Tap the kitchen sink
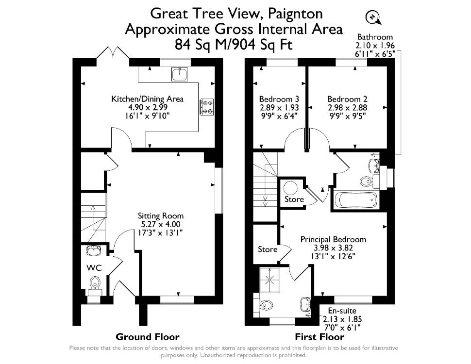[x=179, y=74]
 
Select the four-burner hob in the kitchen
[x=207, y=107]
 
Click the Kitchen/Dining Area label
[x=147, y=99]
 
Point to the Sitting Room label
[x=161, y=215]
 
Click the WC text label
[x=94, y=267]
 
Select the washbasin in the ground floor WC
[x=94, y=250]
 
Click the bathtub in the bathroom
[x=356, y=200]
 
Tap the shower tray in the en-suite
[x=269, y=280]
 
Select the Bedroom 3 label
[x=279, y=99]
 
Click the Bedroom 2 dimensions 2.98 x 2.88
[x=348, y=108]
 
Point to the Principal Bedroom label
[x=334, y=239]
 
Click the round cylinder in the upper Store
[x=290, y=188]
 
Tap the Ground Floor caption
[x=148, y=337]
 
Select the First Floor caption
[x=320, y=337]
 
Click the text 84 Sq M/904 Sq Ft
[x=234, y=45]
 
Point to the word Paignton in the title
[x=295, y=14]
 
